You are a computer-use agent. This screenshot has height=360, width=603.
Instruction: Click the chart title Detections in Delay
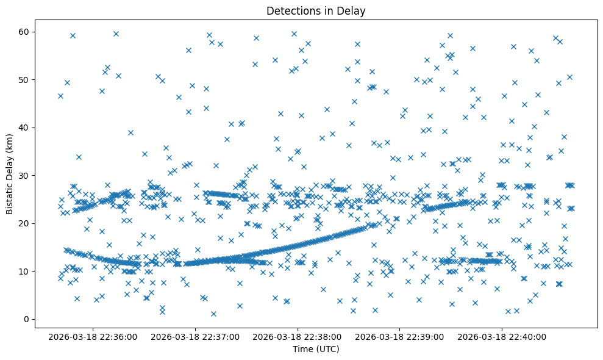click(316, 10)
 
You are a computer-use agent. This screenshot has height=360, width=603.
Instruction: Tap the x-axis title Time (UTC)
click(316, 349)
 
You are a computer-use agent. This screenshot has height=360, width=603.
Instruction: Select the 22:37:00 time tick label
click(196, 336)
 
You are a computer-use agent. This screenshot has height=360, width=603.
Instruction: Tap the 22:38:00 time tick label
click(298, 336)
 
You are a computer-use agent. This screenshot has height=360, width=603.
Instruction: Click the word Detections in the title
click(290, 10)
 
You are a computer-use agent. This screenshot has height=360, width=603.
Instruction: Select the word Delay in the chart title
click(353, 10)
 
